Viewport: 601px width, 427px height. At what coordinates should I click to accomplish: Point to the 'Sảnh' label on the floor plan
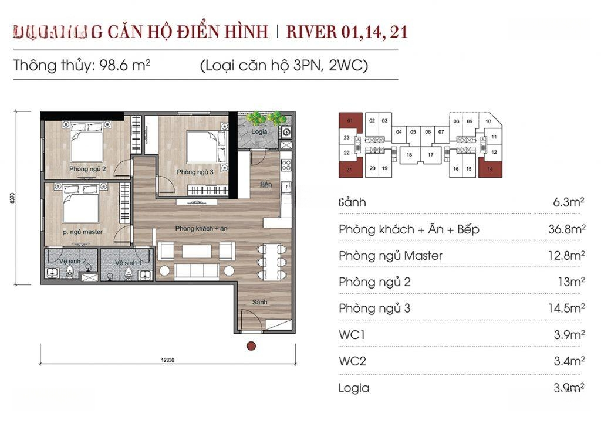click(261, 302)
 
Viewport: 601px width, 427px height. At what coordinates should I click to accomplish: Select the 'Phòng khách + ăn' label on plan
click(201, 228)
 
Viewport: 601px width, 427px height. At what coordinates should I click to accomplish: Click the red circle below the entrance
click(251, 346)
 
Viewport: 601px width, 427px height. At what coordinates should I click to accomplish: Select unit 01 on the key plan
click(350, 121)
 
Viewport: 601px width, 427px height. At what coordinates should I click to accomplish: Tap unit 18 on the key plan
click(410, 155)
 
